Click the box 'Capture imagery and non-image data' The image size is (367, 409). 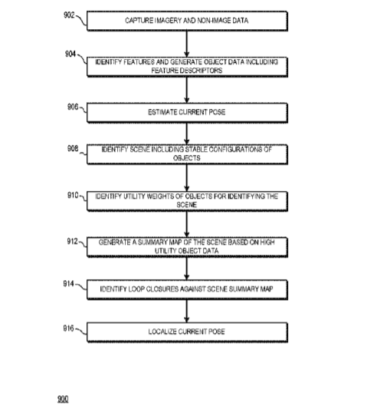[187, 21]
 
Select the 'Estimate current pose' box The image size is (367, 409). [187, 113]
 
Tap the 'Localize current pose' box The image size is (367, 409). [187, 331]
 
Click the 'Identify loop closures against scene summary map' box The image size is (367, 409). [187, 289]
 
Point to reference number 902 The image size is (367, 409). [69, 15]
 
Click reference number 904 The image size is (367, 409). [70, 54]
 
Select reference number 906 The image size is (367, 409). [73, 107]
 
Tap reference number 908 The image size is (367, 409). [73, 148]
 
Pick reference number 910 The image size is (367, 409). [73, 196]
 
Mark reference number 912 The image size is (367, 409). [73, 242]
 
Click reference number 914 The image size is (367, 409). [68, 283]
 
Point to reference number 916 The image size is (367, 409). [68, 328]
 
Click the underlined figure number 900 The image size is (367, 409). [63, 399]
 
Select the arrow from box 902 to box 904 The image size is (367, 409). [186, 44]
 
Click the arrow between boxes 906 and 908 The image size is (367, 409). [186, 134]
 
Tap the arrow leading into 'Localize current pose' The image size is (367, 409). [186, 311]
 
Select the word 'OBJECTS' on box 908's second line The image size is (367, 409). [187, 158]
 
